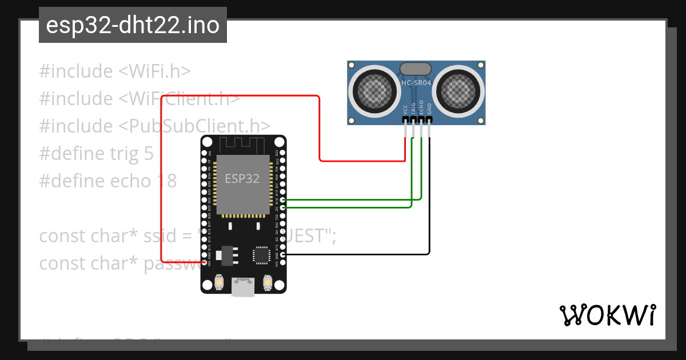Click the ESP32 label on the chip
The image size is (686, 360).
click(242, 179)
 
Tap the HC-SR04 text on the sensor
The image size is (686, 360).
click(416, 83)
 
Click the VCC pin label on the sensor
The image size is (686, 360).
click(405, 110)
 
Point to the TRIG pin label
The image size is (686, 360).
click(413, 109)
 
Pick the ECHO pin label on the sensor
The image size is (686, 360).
click(421, 109)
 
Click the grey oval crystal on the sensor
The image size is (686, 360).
click(416, 69)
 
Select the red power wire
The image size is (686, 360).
click(240, 97)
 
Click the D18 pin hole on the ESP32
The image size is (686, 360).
click(282, 200)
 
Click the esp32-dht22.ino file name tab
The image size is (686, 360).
click(133, 25)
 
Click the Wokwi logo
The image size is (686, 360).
click(607, 315)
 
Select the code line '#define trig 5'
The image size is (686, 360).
click(96, 154)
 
